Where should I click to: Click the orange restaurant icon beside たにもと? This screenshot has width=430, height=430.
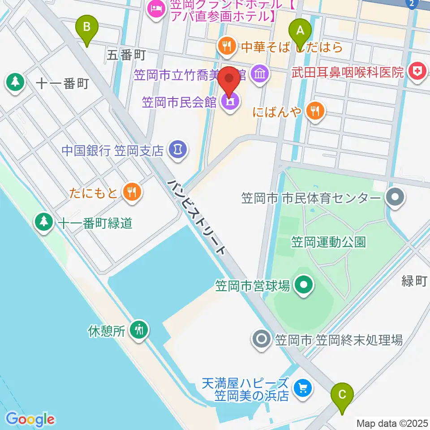132,193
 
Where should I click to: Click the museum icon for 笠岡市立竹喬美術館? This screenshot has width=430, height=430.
260,72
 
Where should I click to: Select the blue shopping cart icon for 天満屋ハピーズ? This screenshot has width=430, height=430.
303,388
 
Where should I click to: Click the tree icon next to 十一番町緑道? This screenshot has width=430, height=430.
44,221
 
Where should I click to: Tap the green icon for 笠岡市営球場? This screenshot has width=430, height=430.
303,284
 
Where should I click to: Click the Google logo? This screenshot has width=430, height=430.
30,419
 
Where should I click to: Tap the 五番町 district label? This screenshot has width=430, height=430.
127,55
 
